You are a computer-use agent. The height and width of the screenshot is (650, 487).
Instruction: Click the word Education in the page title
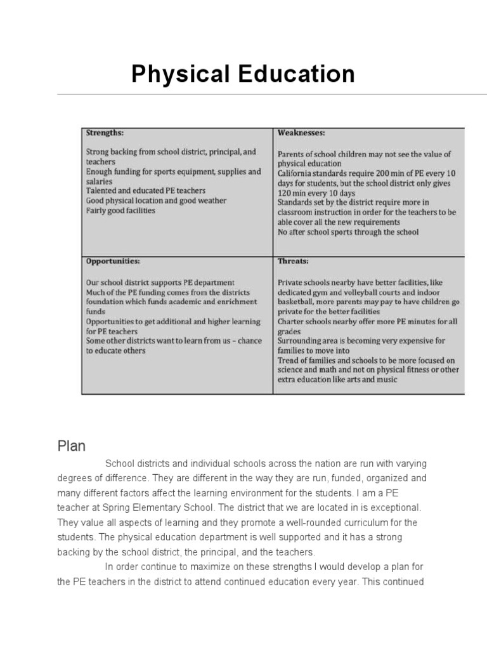click(296, 74)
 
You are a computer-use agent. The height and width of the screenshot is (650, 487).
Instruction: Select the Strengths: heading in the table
click(105, 133)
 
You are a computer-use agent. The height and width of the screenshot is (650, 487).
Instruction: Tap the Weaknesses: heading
click(301, 133)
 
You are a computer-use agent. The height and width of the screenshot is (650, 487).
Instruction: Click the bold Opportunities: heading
click(113, 261)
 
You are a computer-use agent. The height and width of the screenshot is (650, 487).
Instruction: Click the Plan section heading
click(72, 446)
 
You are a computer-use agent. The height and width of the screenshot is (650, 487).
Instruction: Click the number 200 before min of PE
click(387, 173)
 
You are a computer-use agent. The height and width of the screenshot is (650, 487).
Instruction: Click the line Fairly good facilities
click(120, 210)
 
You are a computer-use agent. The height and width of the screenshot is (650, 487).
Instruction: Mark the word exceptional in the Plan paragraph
click(395, 508)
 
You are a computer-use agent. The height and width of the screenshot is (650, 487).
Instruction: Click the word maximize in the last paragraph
click(192, 567)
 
